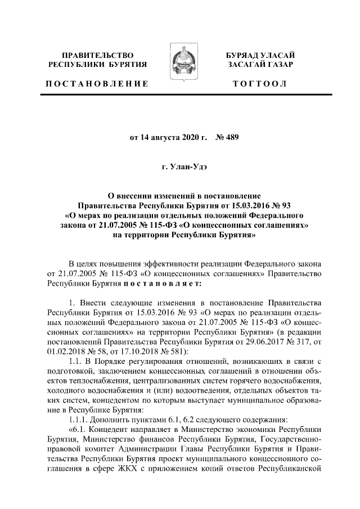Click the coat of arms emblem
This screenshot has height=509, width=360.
pyautogui.click(x=179, y=66)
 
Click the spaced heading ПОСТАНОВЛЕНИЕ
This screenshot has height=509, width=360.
pyautogui.click(x=97, y=84)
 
